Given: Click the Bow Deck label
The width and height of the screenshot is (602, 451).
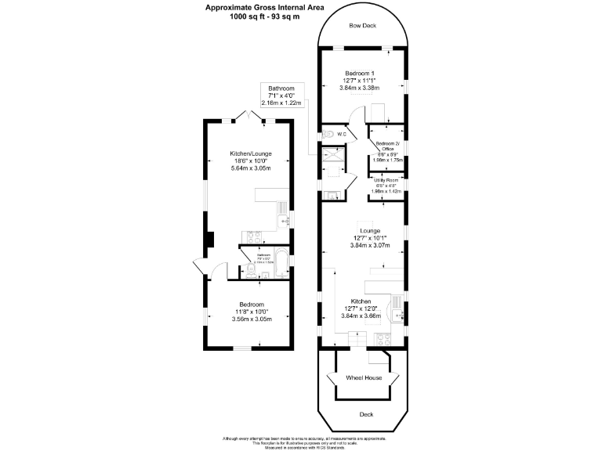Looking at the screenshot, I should pyautogui.click(x=363, y=26).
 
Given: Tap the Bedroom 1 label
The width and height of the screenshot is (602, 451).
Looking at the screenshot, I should pyautogui.click(x=364, y=73).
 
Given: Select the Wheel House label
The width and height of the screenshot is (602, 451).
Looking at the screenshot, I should pyautogui.click(x=364, y=377).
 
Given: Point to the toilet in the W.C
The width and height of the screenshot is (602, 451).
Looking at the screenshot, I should pyautogui.click(x=328, y=135).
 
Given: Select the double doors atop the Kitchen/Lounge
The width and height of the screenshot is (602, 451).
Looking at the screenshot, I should pyautogui.click(x=249, y=117).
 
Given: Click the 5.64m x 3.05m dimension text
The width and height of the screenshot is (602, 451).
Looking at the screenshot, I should pyautogui.click(x=251, y=168).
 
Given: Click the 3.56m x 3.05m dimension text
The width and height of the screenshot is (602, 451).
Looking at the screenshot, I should pyautogui.click(x=251, y=319).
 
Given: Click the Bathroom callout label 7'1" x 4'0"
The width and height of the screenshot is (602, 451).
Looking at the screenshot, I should pyautogui.click(x=281, y=96).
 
